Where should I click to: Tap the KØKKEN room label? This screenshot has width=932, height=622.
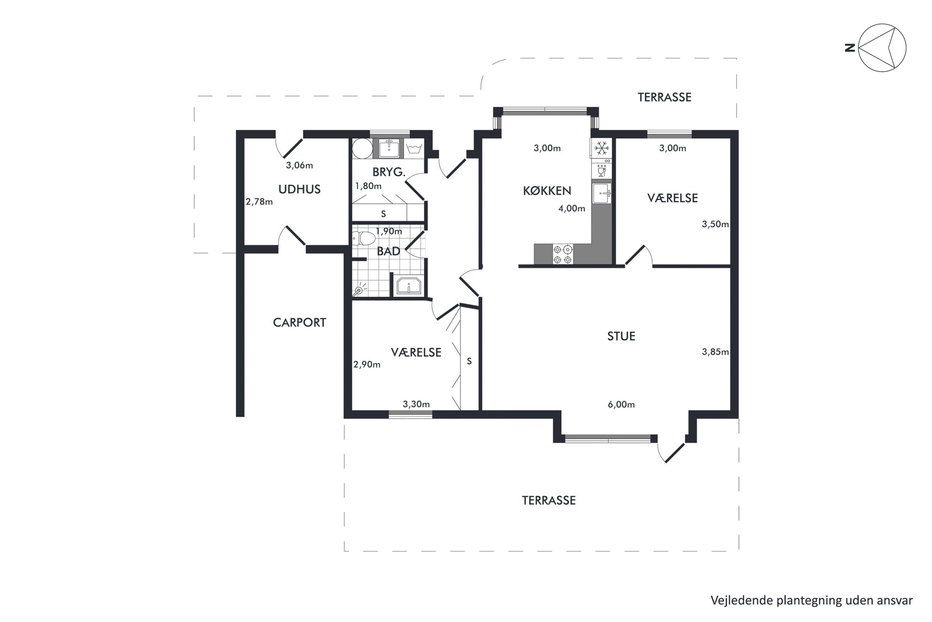[x=547, y=191]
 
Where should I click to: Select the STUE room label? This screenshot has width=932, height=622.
[x=621, y=336]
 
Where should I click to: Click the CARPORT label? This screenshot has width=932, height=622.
[x=299, y=323]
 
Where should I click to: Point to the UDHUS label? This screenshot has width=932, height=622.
[x=299, y=189]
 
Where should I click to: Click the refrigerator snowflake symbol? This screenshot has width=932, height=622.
[x=601, y=149]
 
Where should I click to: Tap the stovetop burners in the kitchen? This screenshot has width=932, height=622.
[x=563, y=254]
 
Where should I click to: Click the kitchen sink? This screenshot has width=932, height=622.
[x=601, y=194]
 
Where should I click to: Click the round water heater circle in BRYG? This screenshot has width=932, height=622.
[x=362, y=149]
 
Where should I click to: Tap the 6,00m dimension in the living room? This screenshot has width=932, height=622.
[x=621, y=404]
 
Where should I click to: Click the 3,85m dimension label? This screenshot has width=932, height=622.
[x=715, y=352]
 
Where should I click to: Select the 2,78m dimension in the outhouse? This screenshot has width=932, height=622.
[x=259, y=202]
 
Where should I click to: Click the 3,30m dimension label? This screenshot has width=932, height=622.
[x=416, y=404]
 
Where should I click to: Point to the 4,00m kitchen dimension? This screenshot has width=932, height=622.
[x=572, y=208]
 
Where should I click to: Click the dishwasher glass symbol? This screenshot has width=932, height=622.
[x=601, y=170]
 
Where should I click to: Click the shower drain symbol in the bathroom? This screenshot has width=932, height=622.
[x=359, y=290]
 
